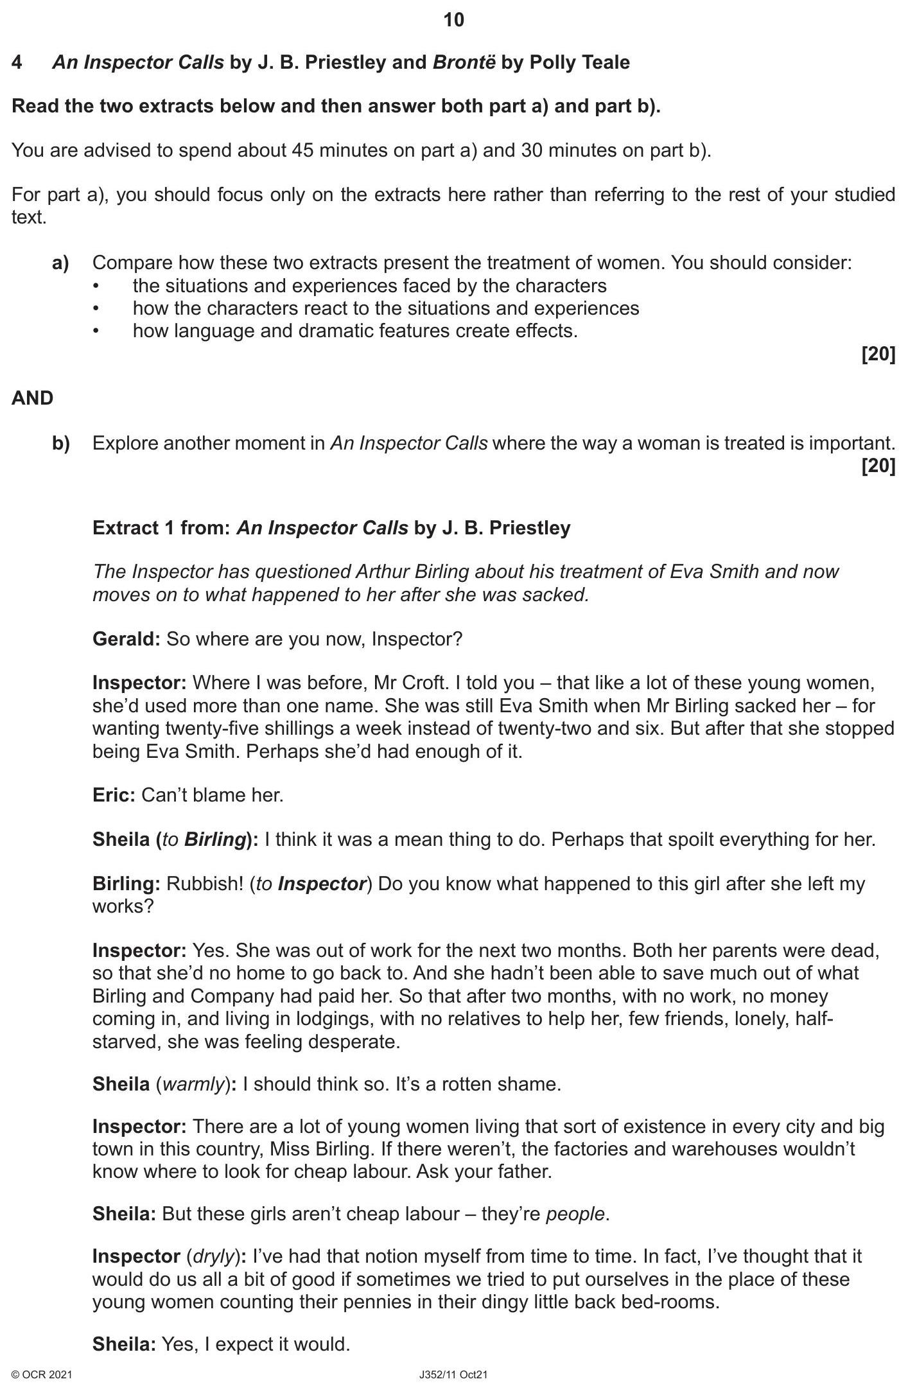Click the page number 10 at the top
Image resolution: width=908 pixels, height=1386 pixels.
coord(453,21)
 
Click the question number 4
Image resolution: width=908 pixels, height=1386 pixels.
coord(17,63)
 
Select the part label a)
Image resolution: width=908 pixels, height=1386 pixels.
coord(61,263)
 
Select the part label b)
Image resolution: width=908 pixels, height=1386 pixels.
coord(61,444)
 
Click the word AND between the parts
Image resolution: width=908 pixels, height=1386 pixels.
coord(32,399)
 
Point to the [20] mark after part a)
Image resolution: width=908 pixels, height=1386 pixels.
coord(878,355)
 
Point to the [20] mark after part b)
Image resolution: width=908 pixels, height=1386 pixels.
coord(878,466)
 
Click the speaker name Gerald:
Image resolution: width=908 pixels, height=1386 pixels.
coord(126,640)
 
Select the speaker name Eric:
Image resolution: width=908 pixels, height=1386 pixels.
coord(114,796)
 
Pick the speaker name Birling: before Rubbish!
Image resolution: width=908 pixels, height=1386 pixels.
coord(126,884)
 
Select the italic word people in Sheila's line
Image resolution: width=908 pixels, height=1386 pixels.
coord(575,1215)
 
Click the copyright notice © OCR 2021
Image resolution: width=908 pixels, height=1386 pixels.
coord(42,1375)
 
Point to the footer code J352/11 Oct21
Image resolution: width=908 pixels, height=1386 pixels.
coord(453,1375)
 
